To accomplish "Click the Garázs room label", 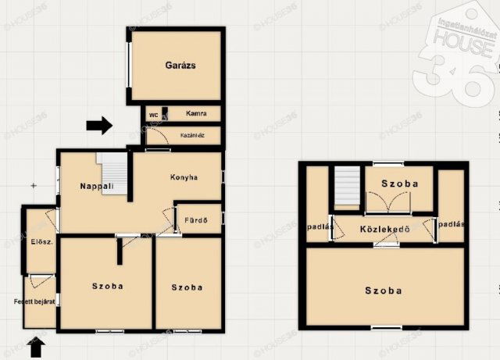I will coord(180,66).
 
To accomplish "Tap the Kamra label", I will coord(196,113).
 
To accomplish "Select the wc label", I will coord(153,114).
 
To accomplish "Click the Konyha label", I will coord(184,177).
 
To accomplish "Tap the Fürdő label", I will coord(195,220).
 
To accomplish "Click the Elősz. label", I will coord(41,242).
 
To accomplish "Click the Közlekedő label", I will coord(384,229).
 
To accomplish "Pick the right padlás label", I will coord(452,224).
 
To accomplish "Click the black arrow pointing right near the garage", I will coord(99,124).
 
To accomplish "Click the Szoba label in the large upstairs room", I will coord(384,290).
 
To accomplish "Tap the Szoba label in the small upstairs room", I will coord(399,184).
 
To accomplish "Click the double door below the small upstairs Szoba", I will coord(388,205).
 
